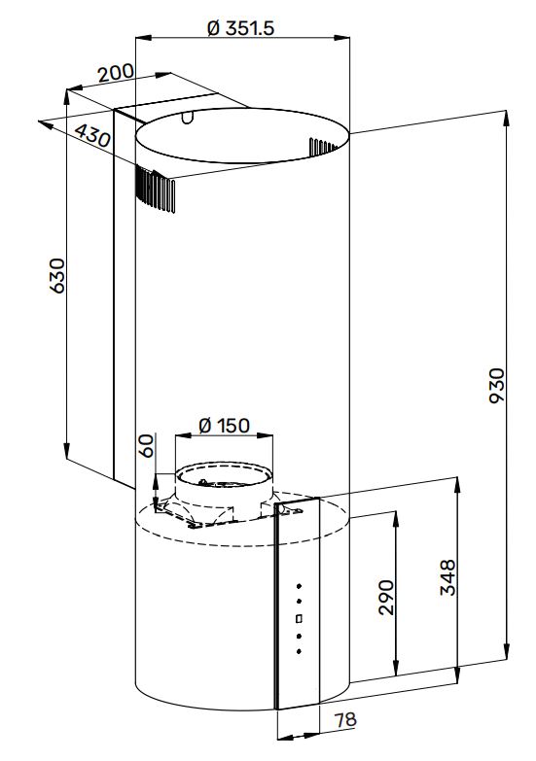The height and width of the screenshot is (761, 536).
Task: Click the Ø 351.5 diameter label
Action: point(240,28)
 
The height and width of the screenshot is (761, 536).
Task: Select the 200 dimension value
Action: point(116,73)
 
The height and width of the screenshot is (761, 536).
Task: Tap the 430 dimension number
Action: point(92,135)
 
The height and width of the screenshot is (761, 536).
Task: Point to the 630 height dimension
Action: point(56,276)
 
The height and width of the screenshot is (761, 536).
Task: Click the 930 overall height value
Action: point(497,386)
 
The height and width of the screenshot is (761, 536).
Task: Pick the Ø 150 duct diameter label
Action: point(224,426)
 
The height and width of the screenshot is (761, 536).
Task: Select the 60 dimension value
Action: point(147,445)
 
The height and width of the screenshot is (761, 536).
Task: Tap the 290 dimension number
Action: point(386,598)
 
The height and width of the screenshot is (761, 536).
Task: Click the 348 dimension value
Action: point(448,577)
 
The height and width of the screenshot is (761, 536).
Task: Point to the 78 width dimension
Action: point(345,720)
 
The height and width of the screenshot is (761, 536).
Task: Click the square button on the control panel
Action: point(299,618)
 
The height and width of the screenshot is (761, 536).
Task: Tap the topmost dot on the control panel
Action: point(299,586)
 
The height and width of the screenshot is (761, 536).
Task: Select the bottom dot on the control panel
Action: point(299,651)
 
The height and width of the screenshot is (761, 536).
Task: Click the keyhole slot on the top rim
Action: point(188,117)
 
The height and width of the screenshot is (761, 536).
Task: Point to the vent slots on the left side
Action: point(155,190)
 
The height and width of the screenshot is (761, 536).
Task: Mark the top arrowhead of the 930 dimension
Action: point(507,117)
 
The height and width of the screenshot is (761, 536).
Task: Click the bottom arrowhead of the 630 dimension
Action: point(66,451)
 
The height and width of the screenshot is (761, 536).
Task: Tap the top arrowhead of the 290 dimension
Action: point(397,518)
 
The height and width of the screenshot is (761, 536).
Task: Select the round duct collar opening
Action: point(224,476)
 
